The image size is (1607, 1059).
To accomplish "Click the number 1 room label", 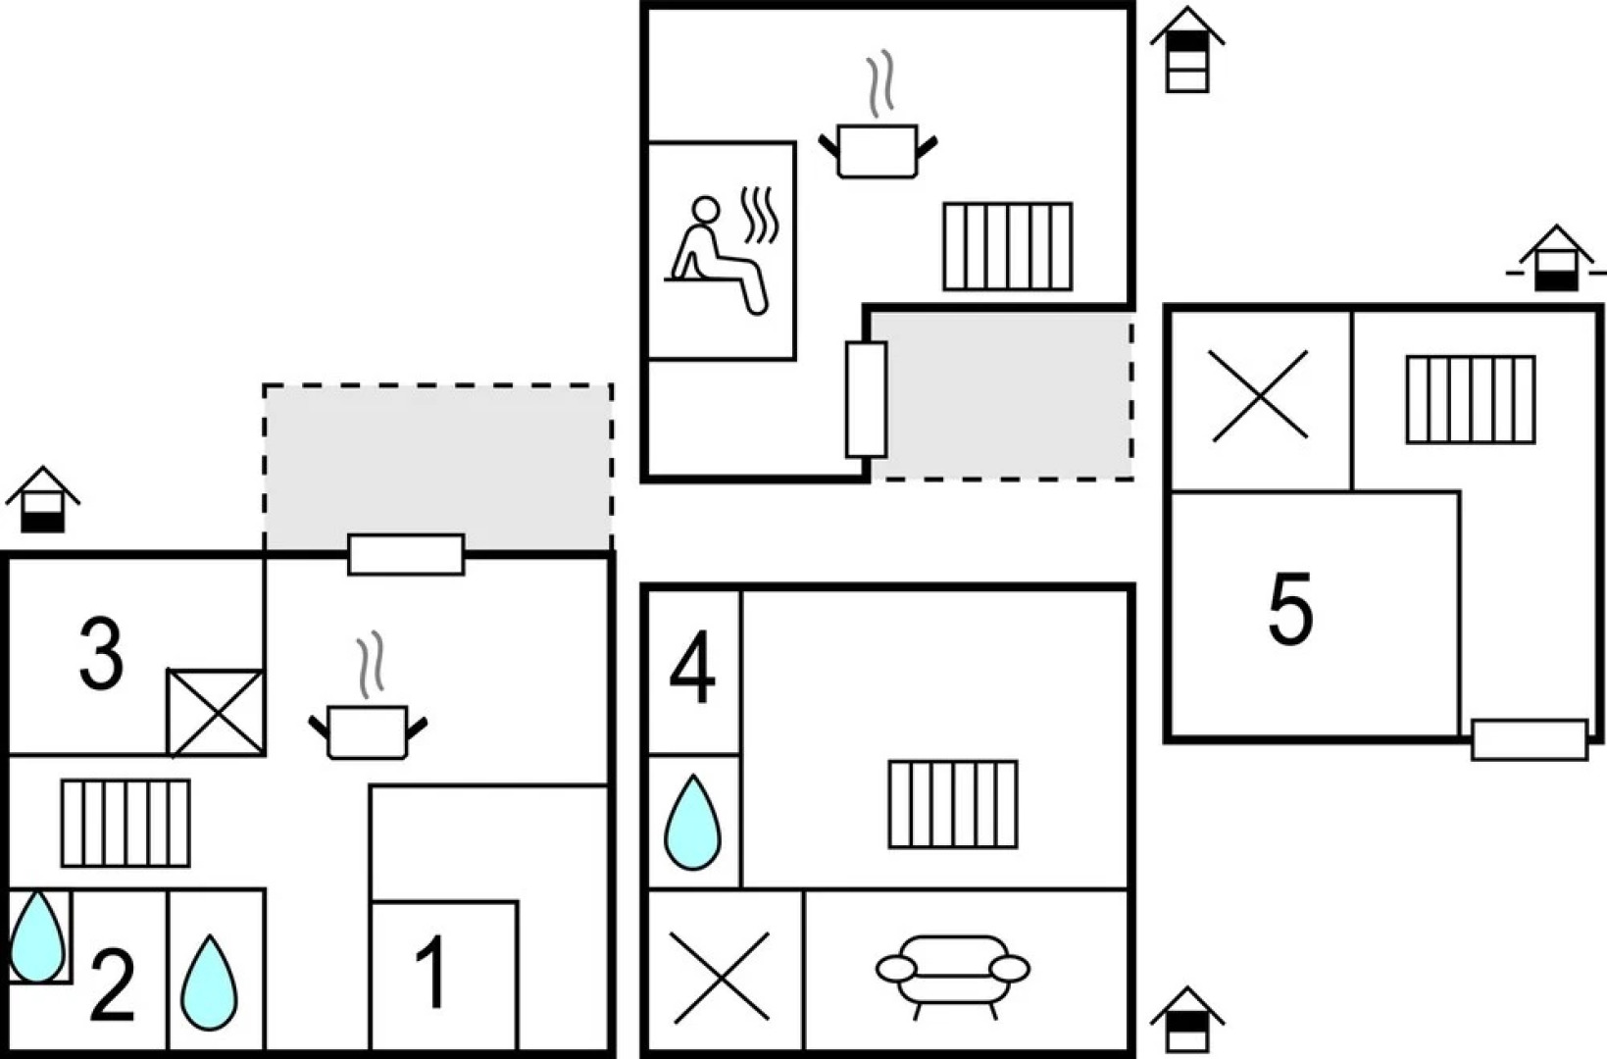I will [431, 973].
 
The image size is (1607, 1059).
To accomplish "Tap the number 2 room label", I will [112, 984].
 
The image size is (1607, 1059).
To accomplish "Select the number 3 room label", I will [101, 654].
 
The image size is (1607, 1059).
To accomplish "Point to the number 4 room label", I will [692, 671].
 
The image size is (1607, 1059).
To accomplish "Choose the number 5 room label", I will [1290, 610].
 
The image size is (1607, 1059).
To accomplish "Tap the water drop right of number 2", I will [210, 983].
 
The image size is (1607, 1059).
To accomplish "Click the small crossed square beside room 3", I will [216, 713].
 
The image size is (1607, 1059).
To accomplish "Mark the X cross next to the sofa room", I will [721, 977].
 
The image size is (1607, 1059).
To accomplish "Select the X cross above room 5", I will [1258, 395].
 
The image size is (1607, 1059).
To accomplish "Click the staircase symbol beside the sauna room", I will [1007, 246].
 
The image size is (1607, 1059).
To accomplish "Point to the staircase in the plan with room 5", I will [1470, 400].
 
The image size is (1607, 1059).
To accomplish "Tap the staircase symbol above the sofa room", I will [953, 804].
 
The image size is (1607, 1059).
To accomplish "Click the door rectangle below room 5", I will [1529, 740].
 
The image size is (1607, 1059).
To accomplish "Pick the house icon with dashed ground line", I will [1556, 259].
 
